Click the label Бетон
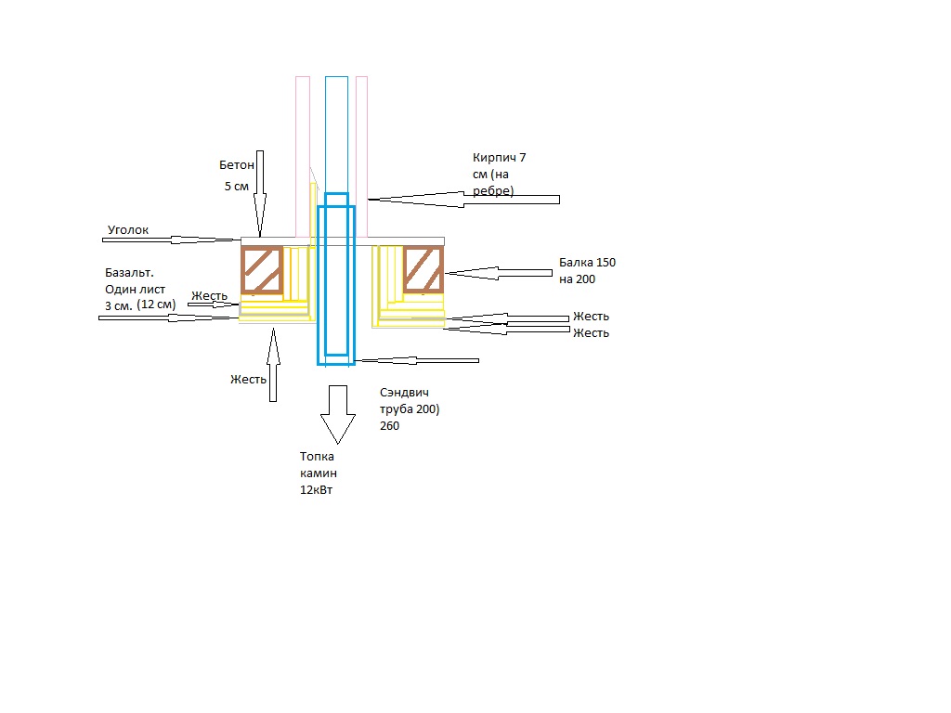tap(237, 165)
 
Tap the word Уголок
tap(128, 230)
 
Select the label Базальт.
tap(129, 273)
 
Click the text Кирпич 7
tap(499, 158)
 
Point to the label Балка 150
tap(587, 263)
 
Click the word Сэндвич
tap(404, 393)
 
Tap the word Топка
tap(317, 457)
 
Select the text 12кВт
tap(316, 490)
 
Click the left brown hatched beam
tap(262, 270)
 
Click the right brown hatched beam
tap(423, 270)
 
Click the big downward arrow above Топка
tap(338, 415)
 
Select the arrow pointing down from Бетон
tap(260, 193)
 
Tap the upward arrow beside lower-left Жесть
tap(273, 364)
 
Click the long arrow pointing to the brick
tap(464, 200)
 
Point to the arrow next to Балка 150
tap(499, 274)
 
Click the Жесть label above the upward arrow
tap(248, 380)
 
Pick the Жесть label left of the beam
tap(209, 296)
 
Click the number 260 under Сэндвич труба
tap(389, 426)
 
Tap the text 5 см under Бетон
tap(237, 187)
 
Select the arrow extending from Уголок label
tap(172, 240)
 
